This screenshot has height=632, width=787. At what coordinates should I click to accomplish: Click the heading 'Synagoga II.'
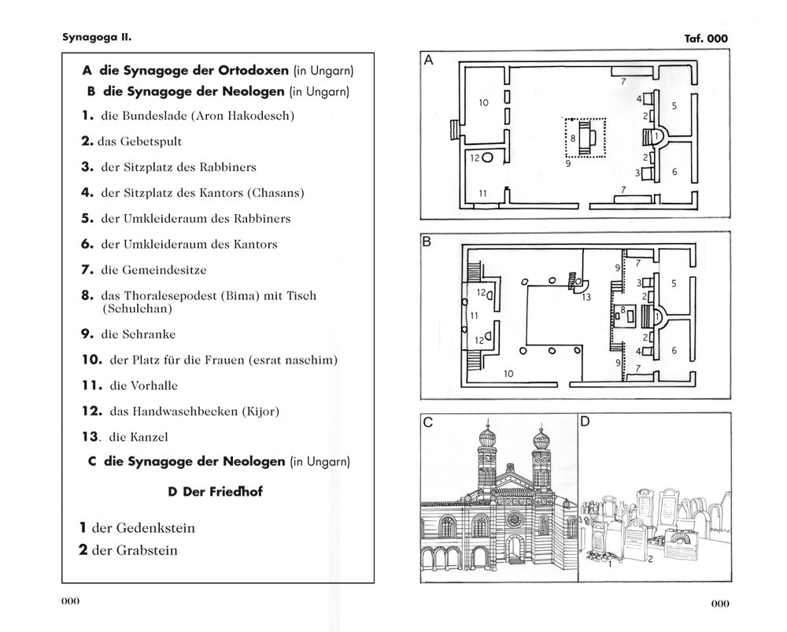(x=97, y=37)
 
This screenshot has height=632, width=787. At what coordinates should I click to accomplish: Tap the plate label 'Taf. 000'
(x=706, y=38)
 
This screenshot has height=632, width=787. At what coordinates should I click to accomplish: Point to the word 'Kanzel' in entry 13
(x=149, y=437)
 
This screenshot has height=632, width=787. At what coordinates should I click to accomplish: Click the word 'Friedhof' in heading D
(x=235, y=491)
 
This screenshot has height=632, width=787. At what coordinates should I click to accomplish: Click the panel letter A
(x=428, y=61)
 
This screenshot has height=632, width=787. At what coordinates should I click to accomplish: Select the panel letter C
(x=427, y=422)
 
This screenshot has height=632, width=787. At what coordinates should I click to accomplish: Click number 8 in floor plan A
(x=573, y=139)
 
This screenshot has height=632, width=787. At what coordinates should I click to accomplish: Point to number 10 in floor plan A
(x=483, y=102)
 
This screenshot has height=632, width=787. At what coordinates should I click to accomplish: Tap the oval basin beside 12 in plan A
(x=487, y=158)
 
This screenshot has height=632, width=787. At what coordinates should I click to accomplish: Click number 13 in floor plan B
(x=586, y=298)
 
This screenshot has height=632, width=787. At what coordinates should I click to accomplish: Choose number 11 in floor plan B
(x=474, y=316)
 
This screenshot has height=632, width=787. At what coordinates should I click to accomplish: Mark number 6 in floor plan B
(x=674, y=350)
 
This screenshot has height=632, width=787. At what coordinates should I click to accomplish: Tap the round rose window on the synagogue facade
(x=513, y=519)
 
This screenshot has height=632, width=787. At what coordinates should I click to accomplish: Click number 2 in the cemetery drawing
(x=650, y=559)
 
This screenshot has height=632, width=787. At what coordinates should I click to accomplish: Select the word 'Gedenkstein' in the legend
(x=143, y=528)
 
